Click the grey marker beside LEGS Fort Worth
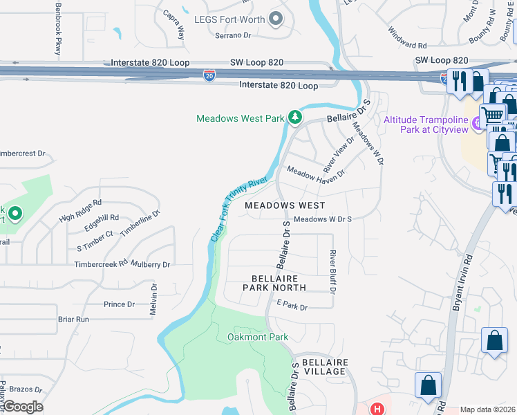point(276,19)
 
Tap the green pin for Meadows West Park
point(295,118)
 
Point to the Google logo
point(22,407)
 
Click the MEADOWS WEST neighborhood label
point(283,205)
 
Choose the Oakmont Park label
point(257,338)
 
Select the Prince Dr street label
point(119,304)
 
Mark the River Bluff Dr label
point(332,272)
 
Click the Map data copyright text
point(487,410)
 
